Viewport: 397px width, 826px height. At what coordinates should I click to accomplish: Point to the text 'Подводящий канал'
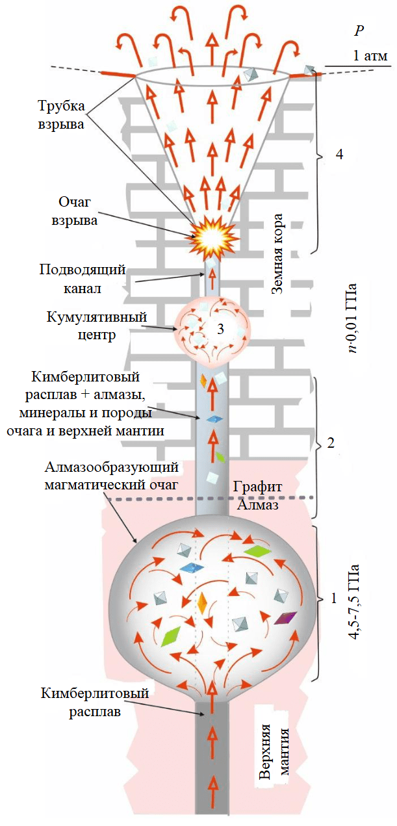click(x=82, y=277)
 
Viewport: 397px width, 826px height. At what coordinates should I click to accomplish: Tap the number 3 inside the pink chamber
click(x=220, y=329)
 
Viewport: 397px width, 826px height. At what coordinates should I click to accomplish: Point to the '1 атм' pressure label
click(x=370, y=56)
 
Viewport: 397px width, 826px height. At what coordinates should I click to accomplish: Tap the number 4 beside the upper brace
click(x=339, y=154)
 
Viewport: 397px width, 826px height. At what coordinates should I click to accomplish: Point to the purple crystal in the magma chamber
click(x=285, y=618)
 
